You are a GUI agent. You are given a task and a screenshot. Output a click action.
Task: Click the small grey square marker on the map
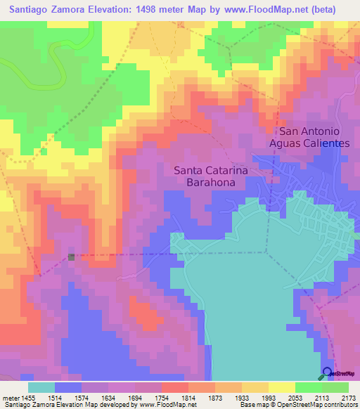pyautogui.click(x=72, y=257)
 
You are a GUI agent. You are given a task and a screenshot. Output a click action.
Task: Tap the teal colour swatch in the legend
pyautogui.click(x=41, y=387)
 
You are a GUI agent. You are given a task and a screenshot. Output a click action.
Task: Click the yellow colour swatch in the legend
pyautogui.click(x=282, y=387)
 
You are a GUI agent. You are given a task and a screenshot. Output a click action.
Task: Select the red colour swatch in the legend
pyautogui.click(x=175, y=387)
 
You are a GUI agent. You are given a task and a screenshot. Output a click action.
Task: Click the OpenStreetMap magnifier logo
pyautogui.click(x=328, y=373)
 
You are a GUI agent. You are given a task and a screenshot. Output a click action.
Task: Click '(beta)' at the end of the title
pyautogui.click(x=319, y=9)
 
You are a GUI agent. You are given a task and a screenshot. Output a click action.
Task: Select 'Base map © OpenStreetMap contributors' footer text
pyautogui.click(x=298, y=405)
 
